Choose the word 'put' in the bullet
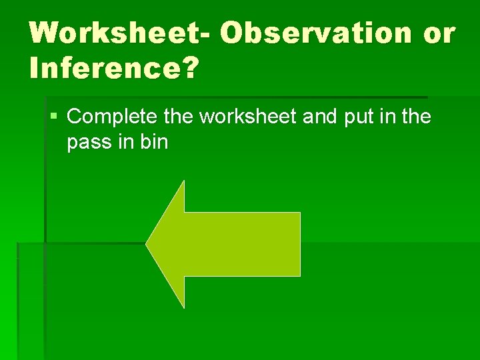click(358, 119)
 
